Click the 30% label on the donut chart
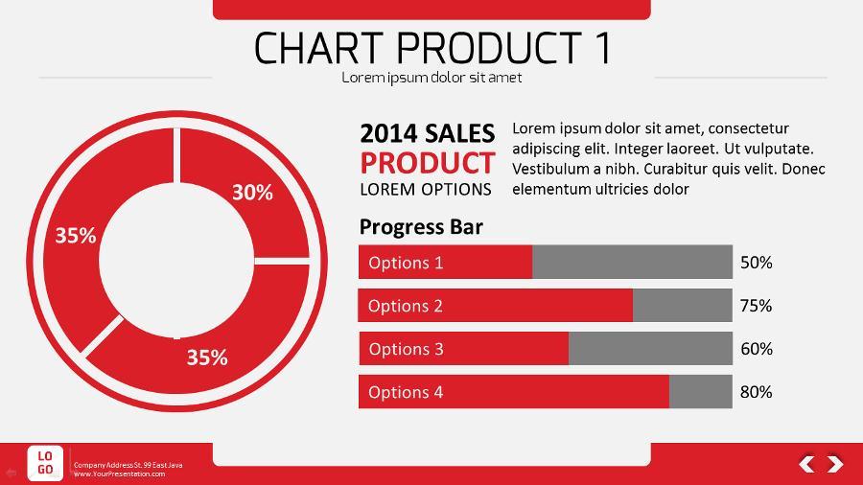pyautogui.click(x=252, y=193)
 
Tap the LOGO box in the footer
pyautogui.click(x=45, y=463)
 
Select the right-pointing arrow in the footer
pyautogui.click(x=835, y=464)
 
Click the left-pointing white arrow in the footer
pyautogui.click(x=807, y=464)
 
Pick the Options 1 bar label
pyautogui.click(x=406, y=263)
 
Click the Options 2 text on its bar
pyautogui.click(x=406, y=306)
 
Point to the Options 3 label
pyautogui.click(x=406, y=349)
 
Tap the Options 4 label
pyautogui.click(x=406, y=392)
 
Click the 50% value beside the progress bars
pyautogui.click(x=756, y=263)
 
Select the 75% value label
pyautogui.click(x=756, y=306)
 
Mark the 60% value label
pyautogui.click(x=756, y=349)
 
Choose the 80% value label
pyautogui.click(x=756, y=392)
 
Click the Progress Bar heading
pyautogui.click(x=421, y=227)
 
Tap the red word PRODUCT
pyautogui.click(x=428, y=162)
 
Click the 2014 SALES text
pyautogui.click(x=428, y=133)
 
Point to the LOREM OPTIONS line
pyautogui.click(x=426, y=189)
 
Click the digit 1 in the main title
pyautogui.click(x=601, y=48)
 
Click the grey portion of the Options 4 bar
pyautogui.click(x=700, y=392)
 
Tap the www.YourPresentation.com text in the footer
pyautogui.click(x=119, y=473)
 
